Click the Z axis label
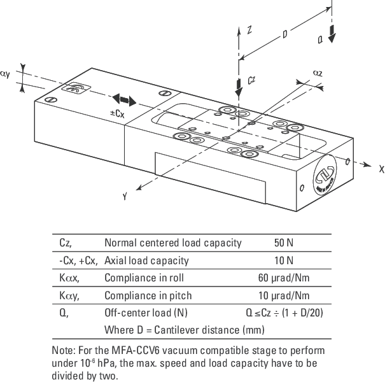coord(250,30)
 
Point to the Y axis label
coord(125,197)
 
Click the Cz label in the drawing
coord(251,80)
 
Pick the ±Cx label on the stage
coord(116,113)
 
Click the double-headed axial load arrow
coord(124,100)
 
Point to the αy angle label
coord(5,74)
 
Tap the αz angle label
coord(318,73)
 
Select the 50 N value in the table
coord(283,243)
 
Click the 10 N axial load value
coord(283,260)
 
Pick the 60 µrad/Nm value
coord(283,278)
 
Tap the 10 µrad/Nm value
coord(283,295)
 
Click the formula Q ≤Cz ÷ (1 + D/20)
coord(283,313)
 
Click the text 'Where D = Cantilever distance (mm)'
coord(184,330)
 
